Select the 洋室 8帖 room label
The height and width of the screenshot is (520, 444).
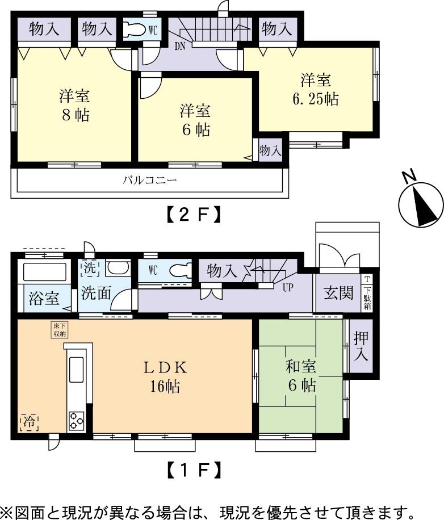click(74, 105)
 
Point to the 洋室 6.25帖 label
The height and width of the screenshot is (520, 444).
click(316, 90)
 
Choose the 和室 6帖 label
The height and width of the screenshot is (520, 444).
click(300, 376)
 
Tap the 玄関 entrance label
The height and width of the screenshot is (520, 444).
click(338, 294)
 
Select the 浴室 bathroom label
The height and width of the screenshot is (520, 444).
click(44, 299)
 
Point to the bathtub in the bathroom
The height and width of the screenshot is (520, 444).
click(44, 272)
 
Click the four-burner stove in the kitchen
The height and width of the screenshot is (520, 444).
click(77, 421)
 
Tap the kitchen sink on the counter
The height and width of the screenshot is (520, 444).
click(77, 371)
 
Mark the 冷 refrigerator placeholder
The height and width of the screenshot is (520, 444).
click(28, 421)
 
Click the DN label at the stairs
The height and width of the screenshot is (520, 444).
click(180, 45)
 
